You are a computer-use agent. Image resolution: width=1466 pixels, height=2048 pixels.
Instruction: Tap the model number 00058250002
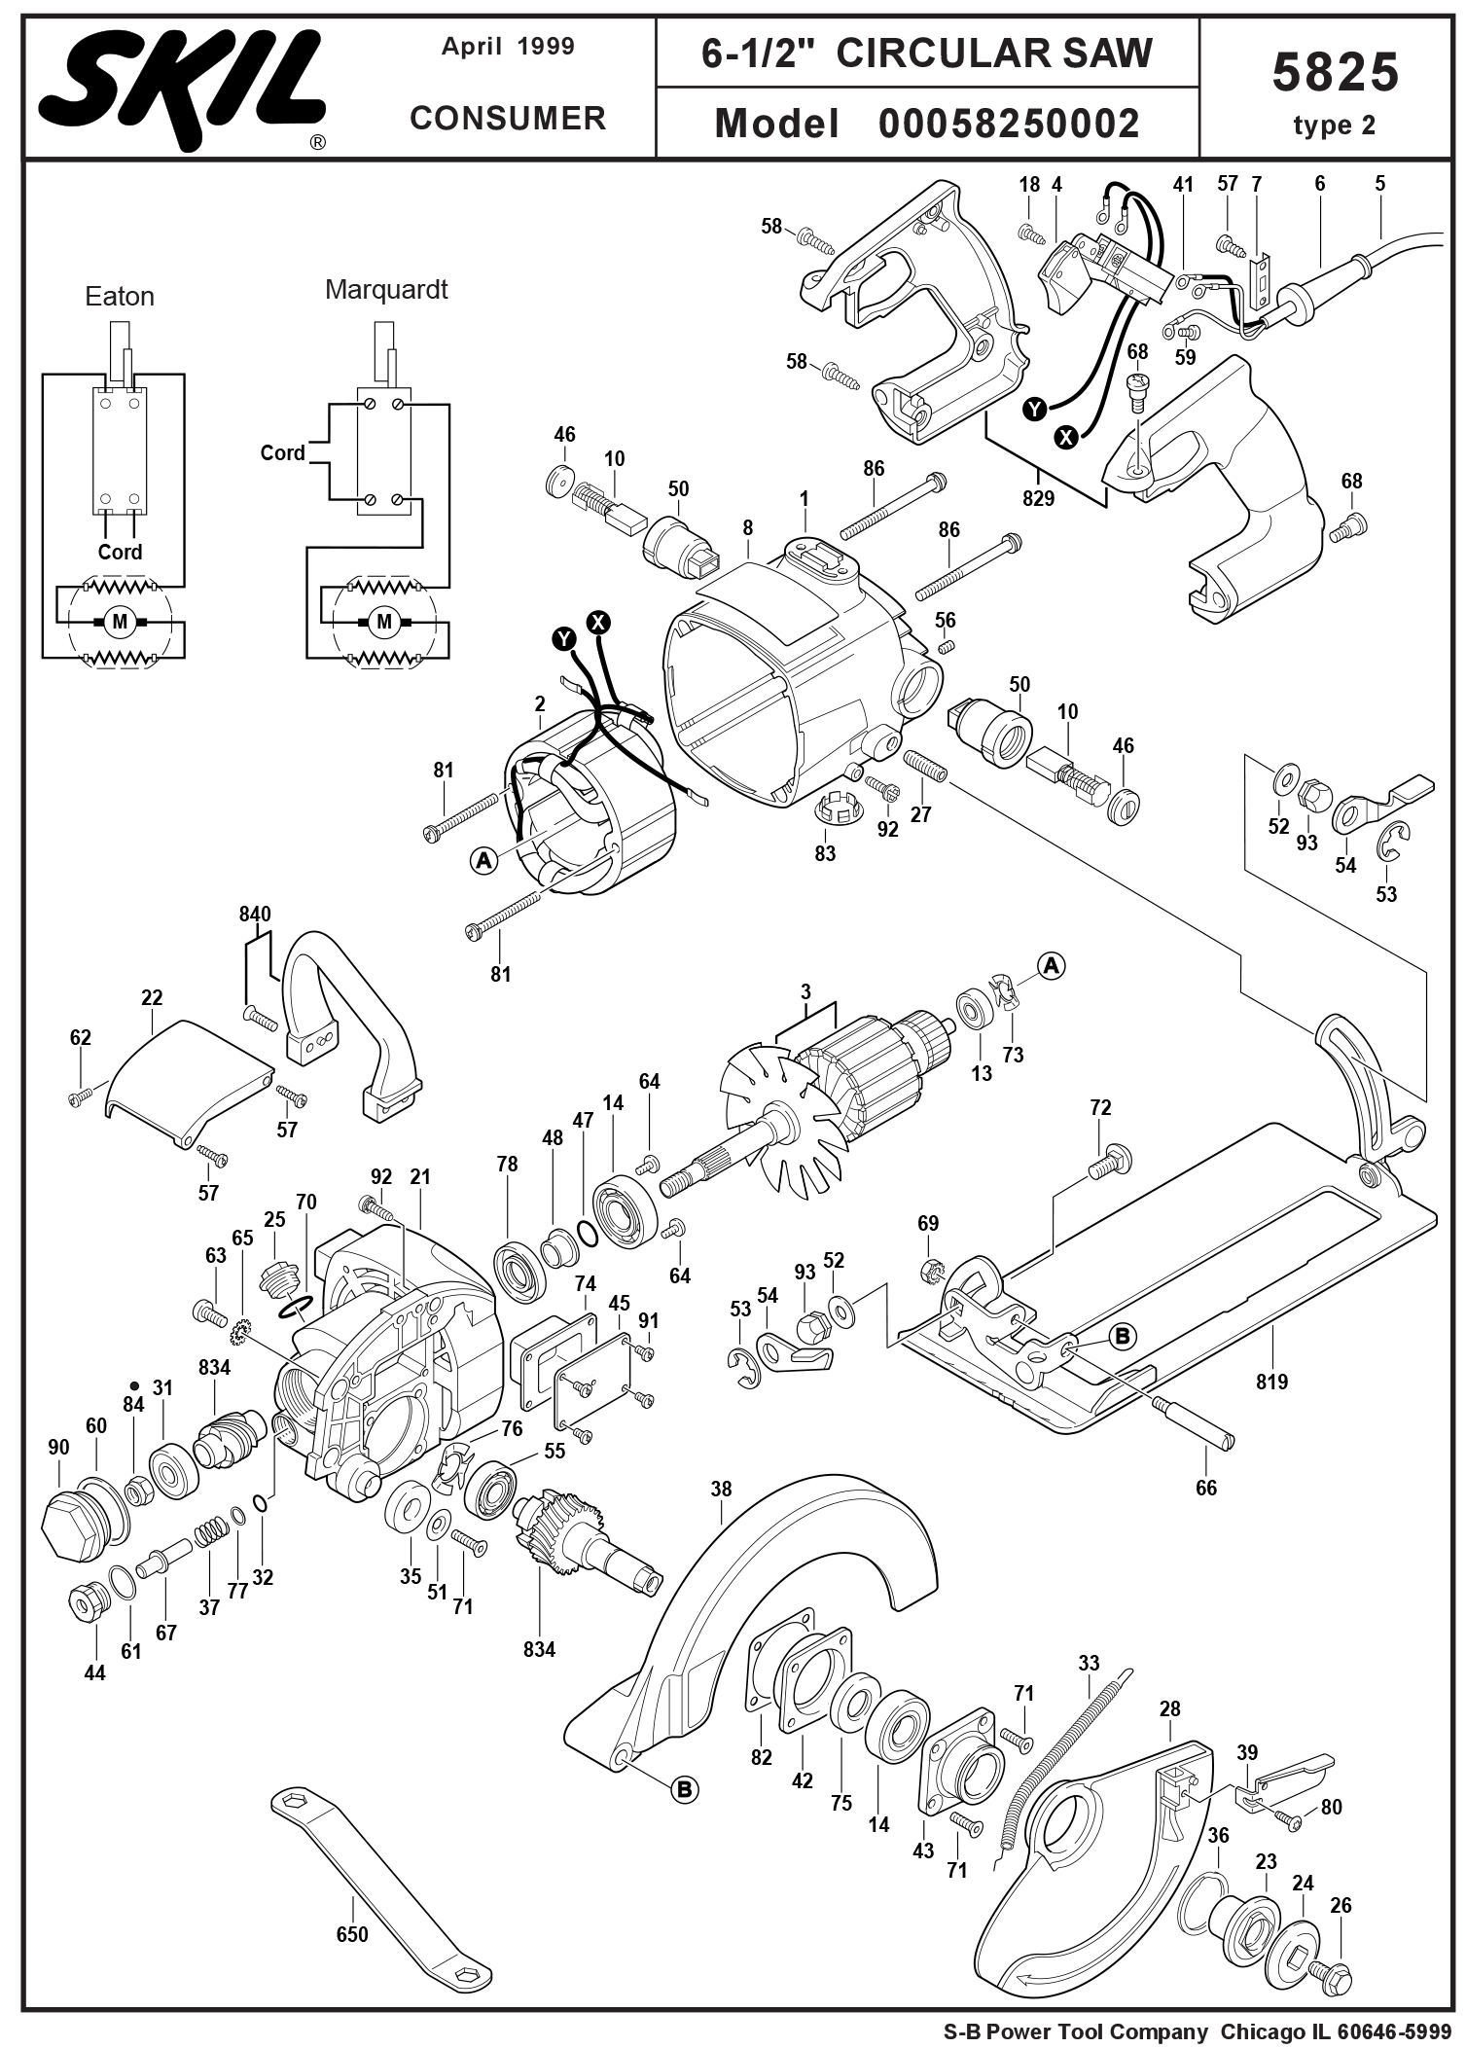coord(1009,125)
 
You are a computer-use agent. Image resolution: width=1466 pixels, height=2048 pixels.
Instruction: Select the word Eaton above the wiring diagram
coord(120,297)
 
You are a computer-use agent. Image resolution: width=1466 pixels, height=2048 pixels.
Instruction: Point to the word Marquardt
coord(386,290)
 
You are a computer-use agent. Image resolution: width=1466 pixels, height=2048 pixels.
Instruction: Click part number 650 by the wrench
coord(352,1934)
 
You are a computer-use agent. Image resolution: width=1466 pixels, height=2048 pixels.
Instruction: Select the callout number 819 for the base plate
coord(1271,1382)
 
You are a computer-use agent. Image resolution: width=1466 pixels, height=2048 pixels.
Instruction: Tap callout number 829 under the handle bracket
coord(1038,498)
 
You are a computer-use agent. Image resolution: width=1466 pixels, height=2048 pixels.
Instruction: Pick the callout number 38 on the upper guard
coord(721,1490)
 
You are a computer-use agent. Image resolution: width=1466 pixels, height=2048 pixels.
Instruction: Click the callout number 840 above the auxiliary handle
coord(255,915)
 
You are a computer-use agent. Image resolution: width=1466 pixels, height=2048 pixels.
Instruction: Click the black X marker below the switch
coord(1067,438)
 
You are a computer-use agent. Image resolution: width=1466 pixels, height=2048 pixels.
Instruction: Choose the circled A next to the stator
coord(483,860)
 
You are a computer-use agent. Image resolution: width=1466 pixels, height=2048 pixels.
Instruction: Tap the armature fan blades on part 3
coord(769,1119)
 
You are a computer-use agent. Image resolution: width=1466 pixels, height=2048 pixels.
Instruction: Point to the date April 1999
coord(508,47)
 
